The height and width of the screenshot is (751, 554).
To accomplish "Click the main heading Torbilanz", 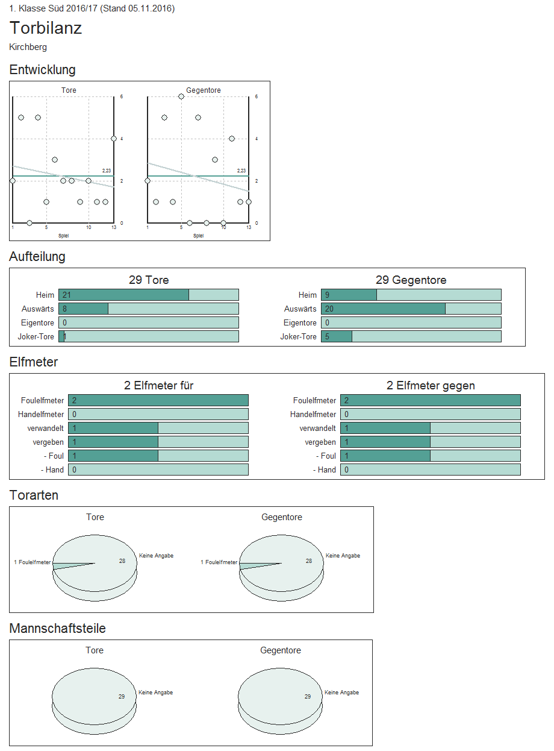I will pos(46,28).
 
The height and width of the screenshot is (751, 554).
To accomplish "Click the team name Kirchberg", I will pos(28,47).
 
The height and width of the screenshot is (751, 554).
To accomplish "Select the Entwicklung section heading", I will pos(43,70).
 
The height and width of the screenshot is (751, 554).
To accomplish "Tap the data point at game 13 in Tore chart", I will pos(114,139).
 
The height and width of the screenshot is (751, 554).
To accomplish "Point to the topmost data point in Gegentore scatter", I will pos(181,96).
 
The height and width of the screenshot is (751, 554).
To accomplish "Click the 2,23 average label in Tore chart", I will pos(107,171).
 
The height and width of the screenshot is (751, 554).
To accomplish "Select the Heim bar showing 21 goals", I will pos(123,295).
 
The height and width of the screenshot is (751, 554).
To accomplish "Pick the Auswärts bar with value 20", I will pos(383,309).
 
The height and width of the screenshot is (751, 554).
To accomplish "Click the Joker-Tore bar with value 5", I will pos(337,336).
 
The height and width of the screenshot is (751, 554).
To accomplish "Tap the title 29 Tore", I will pos(149,280).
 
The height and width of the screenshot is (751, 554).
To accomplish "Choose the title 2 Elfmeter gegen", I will pos(431,386).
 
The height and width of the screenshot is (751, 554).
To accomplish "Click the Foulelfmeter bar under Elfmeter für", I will pos(158,400).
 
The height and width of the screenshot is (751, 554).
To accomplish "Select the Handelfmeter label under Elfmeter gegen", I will pos(313,415).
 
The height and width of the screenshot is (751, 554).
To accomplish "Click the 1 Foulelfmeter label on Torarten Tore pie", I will pos(33,562).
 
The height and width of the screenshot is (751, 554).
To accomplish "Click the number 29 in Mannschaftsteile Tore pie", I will pos(122,697).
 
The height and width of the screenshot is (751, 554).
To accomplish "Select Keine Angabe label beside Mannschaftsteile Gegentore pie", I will pos(341,693).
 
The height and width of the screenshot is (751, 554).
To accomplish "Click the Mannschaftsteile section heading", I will pos(58,629).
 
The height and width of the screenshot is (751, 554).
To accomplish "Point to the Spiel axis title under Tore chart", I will pos(63,236).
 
